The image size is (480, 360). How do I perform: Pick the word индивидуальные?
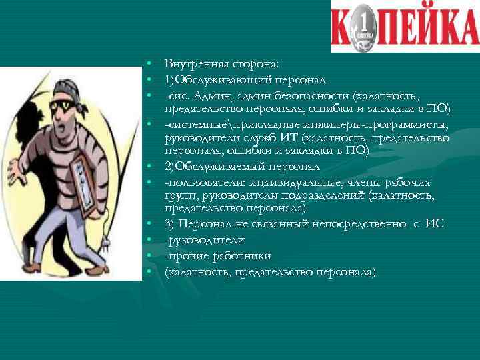point(289,183)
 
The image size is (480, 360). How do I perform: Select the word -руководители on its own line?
point(205,239)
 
